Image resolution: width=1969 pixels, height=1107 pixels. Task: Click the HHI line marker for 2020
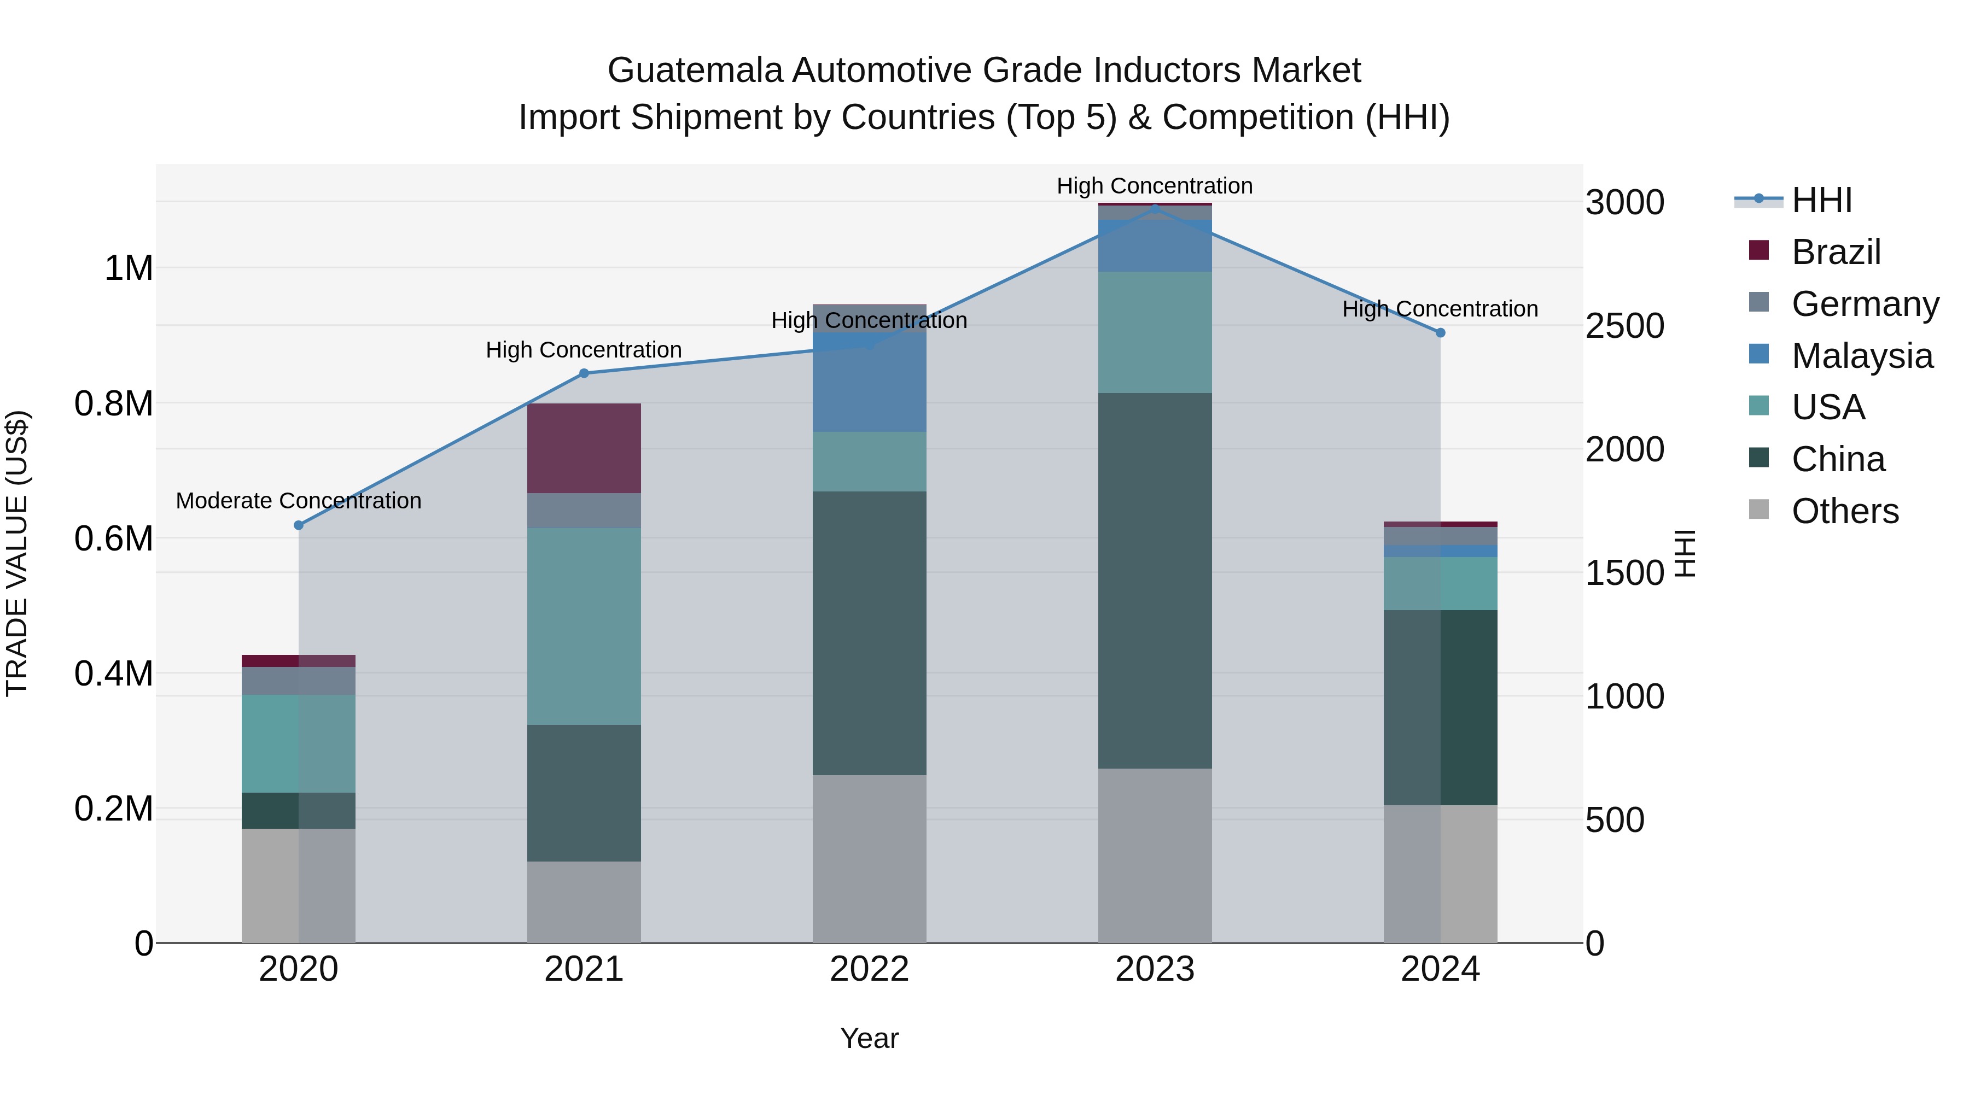point(299,525)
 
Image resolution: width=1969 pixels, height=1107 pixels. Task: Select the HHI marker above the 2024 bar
point(1440,333)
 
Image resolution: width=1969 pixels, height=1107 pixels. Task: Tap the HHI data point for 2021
point(584,373)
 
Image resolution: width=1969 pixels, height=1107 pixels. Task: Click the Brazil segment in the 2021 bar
point(584,448)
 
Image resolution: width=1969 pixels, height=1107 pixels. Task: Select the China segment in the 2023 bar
point(1155,581)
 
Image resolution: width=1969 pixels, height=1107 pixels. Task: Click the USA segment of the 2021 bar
point(584,626)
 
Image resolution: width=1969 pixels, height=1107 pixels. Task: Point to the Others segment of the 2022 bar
point(869,859)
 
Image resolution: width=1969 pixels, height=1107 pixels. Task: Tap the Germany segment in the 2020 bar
point(299,681)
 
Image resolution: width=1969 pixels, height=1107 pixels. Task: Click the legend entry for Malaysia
point(1862,356)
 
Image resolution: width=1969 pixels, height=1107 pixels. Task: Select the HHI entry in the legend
point(1821,200)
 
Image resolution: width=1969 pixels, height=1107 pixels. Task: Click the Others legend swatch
point(1759,509)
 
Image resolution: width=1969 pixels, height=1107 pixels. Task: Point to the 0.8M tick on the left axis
point(113,404)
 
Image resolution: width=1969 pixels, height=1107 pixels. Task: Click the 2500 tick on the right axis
point(1625,326)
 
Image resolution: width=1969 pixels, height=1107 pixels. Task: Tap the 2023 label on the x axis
point(1155,969)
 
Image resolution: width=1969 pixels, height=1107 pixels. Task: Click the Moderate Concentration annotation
point(299,501)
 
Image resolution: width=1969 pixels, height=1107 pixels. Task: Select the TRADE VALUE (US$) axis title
point(17,553)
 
